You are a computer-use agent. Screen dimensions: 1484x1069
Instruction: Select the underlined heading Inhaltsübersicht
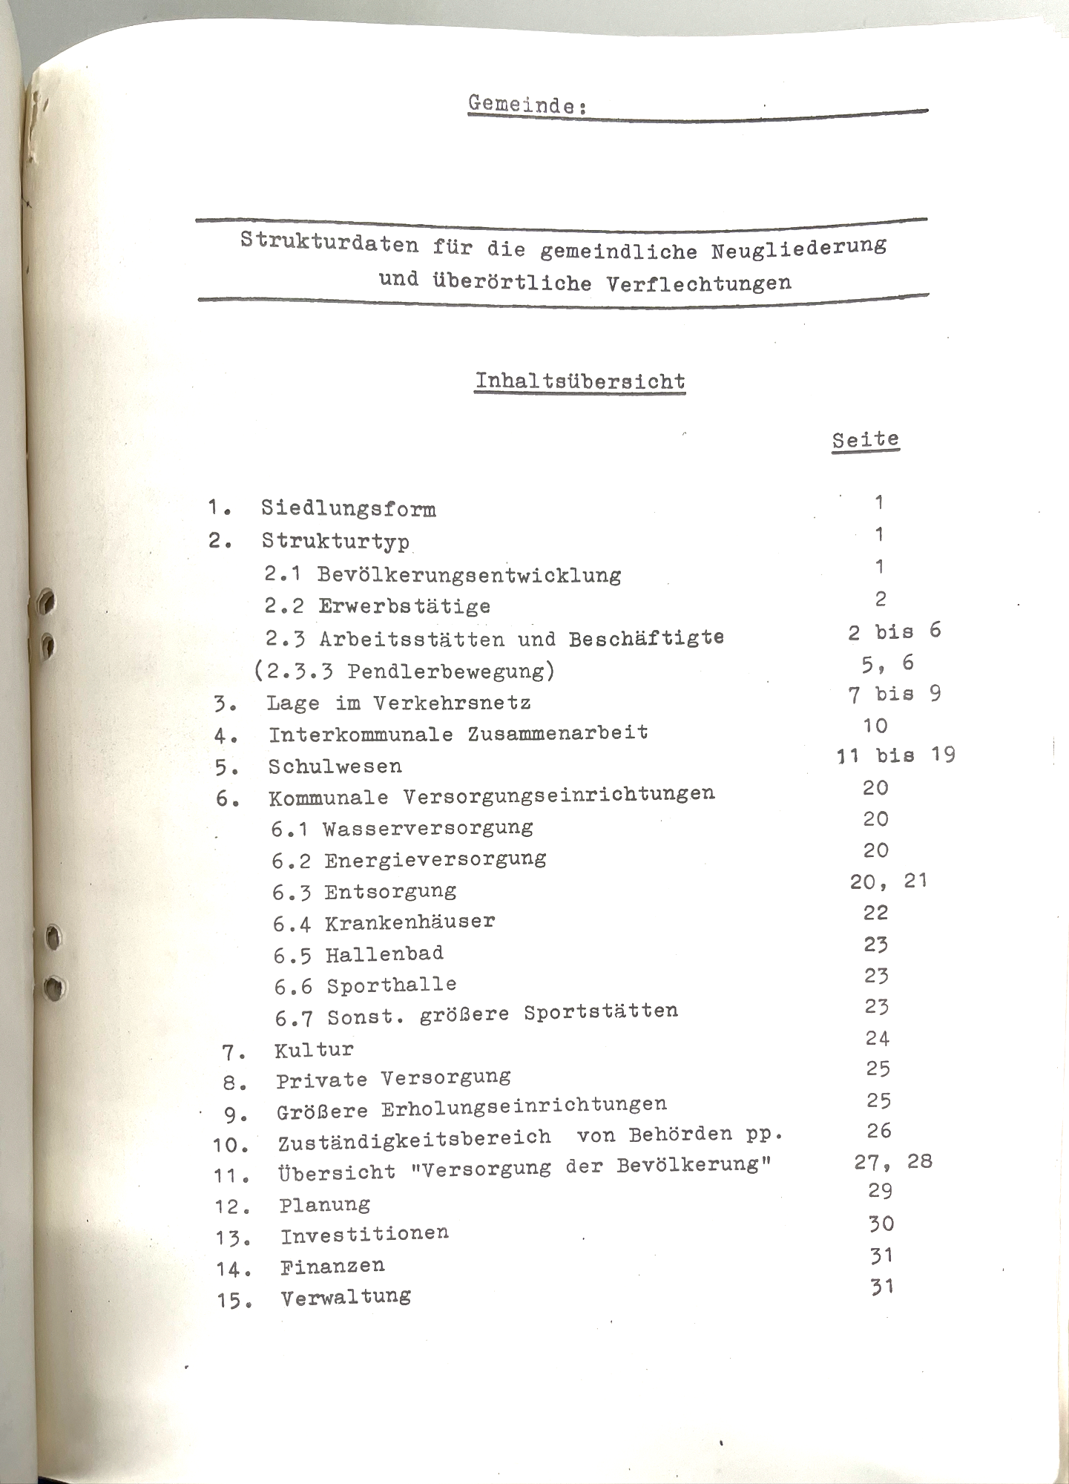coord(579,381)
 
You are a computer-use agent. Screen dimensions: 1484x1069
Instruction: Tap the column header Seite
coord(865,439)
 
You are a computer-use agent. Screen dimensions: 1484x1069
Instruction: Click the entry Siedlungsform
coord(348,509)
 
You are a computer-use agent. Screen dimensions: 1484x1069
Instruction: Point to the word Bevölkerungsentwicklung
coord(469,575)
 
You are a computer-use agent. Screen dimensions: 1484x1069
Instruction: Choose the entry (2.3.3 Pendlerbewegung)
coord(404,671)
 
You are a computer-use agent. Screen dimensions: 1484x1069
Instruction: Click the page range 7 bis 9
coord(894,695)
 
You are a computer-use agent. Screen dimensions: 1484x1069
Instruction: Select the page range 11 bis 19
coord(895,755)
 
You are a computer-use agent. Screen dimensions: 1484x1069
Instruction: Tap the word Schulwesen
coord(335,766)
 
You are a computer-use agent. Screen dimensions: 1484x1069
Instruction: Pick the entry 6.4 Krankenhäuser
coord(384,923)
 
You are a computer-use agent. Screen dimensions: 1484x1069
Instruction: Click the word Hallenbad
coord(384,954)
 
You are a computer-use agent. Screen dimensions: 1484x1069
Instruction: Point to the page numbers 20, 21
coord(889,881)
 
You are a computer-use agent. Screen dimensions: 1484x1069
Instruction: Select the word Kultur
coord(314,1049)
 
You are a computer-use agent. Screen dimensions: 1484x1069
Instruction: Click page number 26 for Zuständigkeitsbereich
coord(878,1131)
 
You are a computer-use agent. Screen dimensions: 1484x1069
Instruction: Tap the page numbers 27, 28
coord(893,1161)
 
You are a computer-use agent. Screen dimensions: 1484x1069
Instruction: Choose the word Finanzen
coord(332,1266)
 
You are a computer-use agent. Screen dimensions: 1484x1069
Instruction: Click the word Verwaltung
coord(346,1297)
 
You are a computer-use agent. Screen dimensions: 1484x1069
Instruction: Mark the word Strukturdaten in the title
coord(329,243)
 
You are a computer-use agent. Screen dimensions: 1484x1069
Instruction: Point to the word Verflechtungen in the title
coord(698,283)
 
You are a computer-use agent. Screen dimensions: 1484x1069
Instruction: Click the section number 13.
coord(233,1238)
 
